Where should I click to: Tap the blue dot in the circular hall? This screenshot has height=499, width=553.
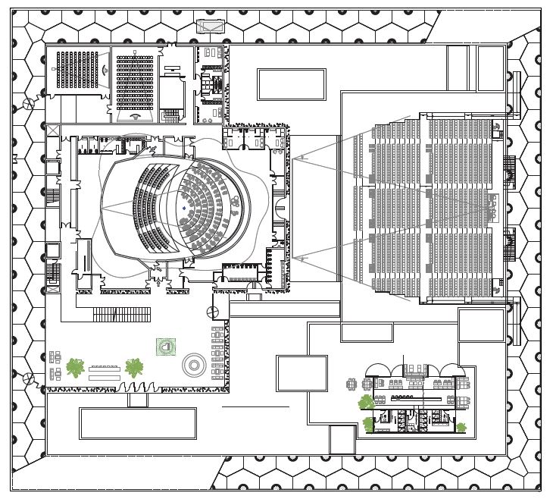click(x=183, y=207)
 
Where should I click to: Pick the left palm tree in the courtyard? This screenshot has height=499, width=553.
click(x=74, y=367)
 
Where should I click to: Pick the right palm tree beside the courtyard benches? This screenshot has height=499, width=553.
click(x=135, y=368)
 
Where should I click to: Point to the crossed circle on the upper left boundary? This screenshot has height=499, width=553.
click(x=27, y=103)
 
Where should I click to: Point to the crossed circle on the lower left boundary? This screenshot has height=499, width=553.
click(x=27, y=378)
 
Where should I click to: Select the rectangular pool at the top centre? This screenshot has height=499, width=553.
click(x=291, y=84)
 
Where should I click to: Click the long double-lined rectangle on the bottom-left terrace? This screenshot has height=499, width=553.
click(x=137, y=423)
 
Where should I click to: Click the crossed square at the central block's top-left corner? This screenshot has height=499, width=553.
click(x=52, y=131)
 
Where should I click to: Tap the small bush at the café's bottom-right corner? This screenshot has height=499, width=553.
click(x=461, y=426)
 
